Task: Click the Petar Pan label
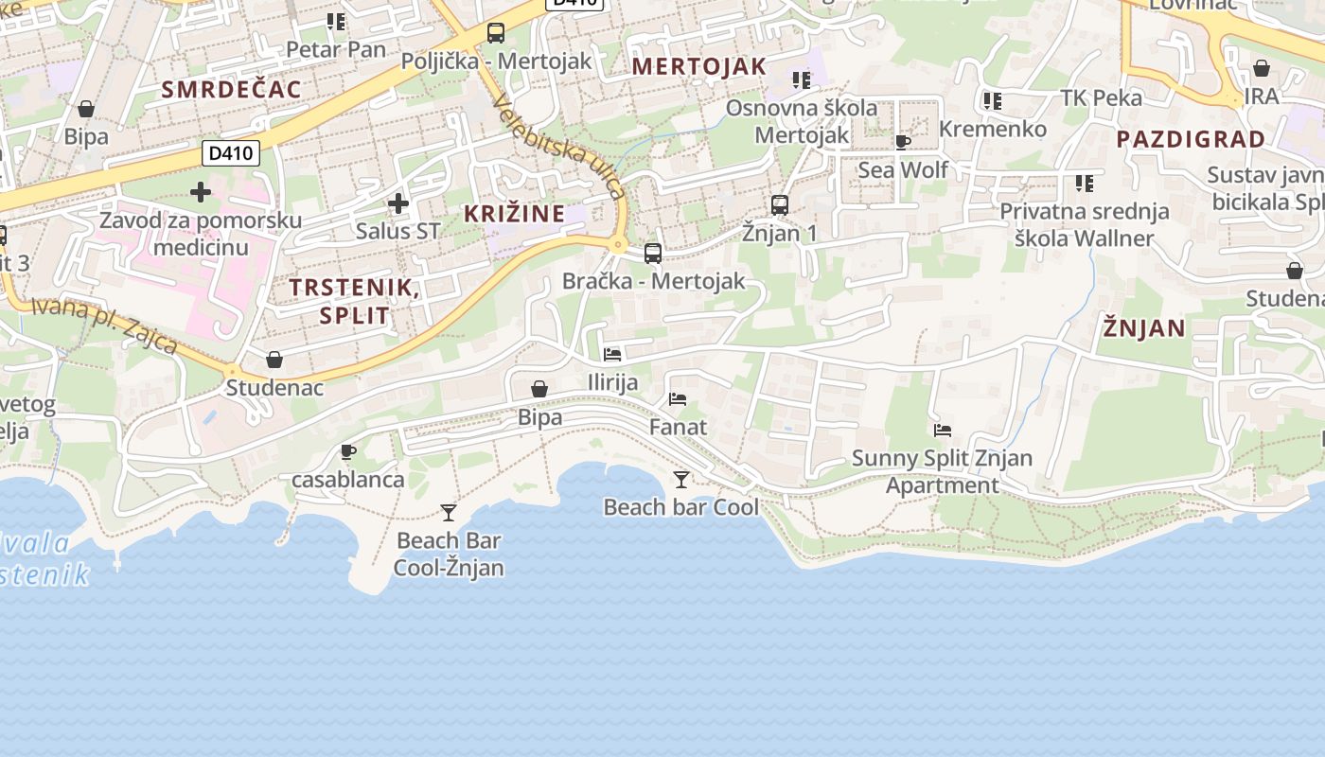(x=336, y=49)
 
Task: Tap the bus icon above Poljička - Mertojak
(x=496, y=33)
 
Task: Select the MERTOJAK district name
(x=698, y=66)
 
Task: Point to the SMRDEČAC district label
(x=231, y=90)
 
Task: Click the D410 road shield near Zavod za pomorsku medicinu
(x=232, y=153)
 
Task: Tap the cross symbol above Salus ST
(x=398, y=202)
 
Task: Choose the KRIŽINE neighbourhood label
(x=514, y=214)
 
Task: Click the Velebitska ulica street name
(x=558, y=150)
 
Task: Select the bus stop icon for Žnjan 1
(x=780, y=204)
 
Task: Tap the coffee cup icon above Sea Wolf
(x=902, y=143)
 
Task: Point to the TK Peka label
(x=1101, y=97)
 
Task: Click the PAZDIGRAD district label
(x=1190, y=139)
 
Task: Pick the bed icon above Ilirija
(x=612, y=355)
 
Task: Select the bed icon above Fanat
(x=678, y=399)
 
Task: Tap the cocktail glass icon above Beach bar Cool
(x=680, y=480)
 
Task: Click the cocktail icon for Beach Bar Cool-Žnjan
(x=449, y=513)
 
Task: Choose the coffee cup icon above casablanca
(x=347, y=451)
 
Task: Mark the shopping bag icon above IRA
(x=1261, y=68)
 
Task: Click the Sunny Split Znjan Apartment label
(x=942, y=471)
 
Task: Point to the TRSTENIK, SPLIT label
(x=354, y=301)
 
